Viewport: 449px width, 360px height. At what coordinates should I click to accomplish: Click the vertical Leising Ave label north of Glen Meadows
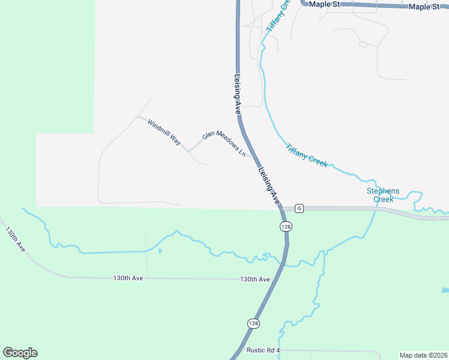(x=237, y=94)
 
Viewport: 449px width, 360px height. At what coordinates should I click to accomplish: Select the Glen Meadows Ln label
(x=224, y=143)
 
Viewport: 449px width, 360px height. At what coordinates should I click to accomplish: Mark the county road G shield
(x=300, y=209)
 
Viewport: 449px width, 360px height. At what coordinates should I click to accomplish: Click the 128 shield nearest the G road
(x=286, y=226)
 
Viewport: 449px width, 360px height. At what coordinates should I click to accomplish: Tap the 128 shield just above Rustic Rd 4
(x=253, y=323)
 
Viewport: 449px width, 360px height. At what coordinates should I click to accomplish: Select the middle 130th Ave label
(x=128, y=278)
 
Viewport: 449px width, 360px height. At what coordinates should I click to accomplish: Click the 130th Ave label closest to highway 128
(x=255, y=280)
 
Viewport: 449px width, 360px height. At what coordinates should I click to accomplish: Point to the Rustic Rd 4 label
(x=263, y=350)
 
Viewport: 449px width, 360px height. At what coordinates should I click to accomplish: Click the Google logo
(x=20, y=353)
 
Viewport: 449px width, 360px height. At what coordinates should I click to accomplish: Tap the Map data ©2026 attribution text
(x=423, y=355)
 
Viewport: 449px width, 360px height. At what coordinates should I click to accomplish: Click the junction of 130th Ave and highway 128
(x=276, y=280)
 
